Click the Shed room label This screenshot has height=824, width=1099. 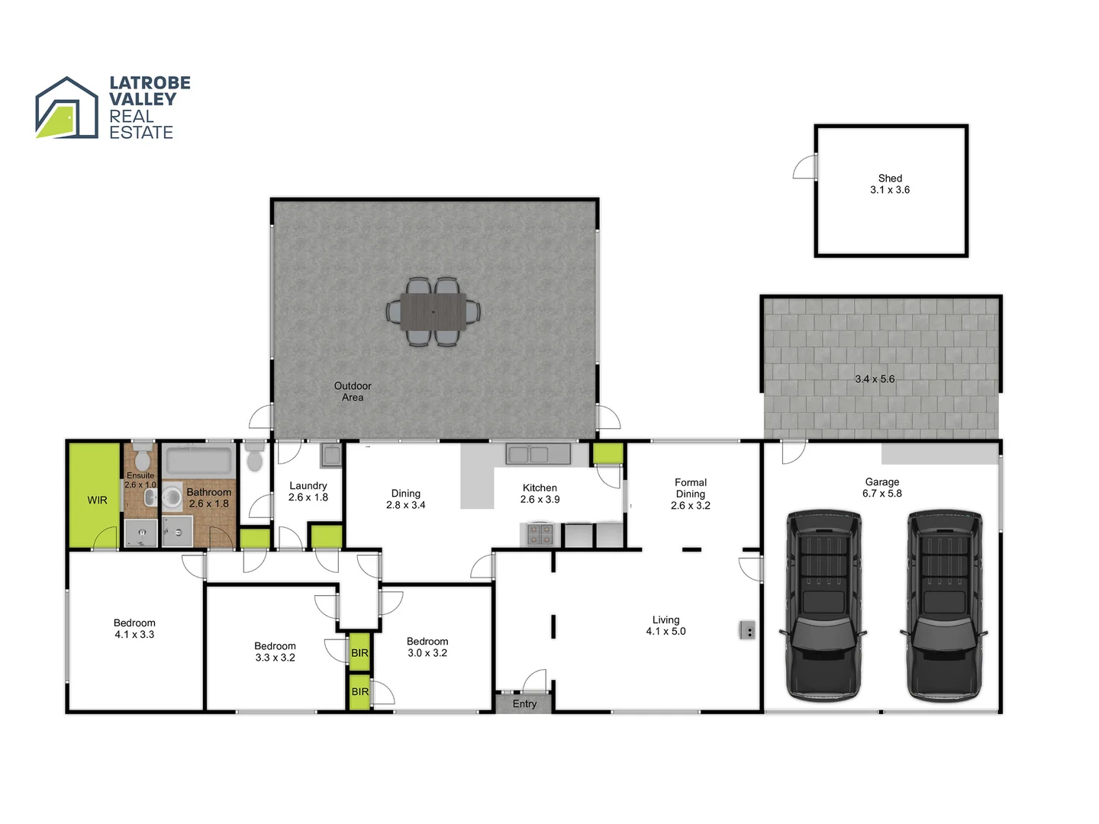pos(890,184)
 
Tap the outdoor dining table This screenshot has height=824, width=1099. pos(433,311)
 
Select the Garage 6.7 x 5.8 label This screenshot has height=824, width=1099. pos(882,488)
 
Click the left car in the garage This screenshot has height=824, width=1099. pos(823,604)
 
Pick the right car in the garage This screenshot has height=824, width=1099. pos(943,604)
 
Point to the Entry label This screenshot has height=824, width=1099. pos(524,703)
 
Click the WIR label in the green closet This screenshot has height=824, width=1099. pos(97,500)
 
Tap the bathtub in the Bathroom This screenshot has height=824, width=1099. pos(198,461)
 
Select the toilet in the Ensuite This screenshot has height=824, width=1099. pos(142,459)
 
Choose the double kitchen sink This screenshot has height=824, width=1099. pos(529,455)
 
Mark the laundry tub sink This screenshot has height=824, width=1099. pos(331,455)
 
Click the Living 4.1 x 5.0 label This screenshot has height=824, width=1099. pos(666,626)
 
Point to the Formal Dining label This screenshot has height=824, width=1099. pos(691,494)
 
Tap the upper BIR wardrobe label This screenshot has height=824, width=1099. pos(359,653)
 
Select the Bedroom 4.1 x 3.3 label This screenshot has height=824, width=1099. pos(134,629)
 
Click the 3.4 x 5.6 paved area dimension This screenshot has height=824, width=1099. pos(875,378)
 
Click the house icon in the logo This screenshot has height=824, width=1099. pos(67,108)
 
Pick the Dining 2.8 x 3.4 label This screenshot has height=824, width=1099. pos(406,499)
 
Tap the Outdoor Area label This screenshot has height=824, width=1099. pos(353,391)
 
